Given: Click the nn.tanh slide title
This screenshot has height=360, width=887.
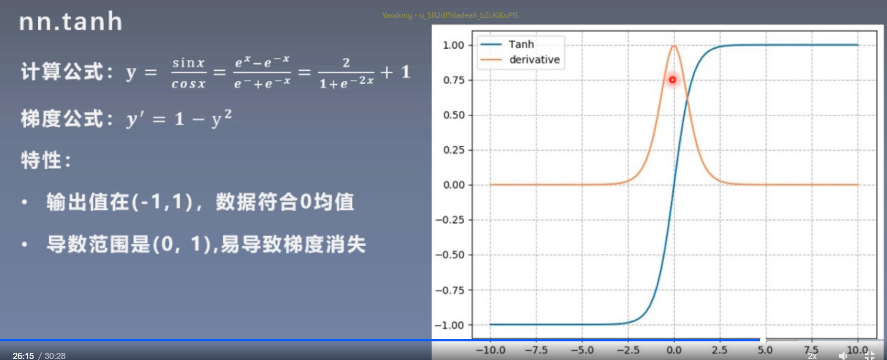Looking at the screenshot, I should pos(71,22).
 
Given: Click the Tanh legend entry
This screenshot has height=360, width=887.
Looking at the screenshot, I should pos(521,44).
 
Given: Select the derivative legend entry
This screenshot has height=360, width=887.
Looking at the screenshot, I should pos(534,60).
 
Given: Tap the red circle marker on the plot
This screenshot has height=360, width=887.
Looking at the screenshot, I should pos(672,80).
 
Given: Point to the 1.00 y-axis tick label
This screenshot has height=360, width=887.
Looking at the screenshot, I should pos(453,45).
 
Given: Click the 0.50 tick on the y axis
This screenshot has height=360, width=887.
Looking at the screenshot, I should pos(453,115).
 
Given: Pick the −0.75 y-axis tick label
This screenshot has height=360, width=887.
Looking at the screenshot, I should pos(450,290).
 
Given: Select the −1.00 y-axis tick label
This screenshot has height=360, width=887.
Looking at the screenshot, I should pos(450,325).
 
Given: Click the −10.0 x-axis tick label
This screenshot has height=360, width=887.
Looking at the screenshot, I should pos(490,350).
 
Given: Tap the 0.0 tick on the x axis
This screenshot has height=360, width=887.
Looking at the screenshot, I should pos(674,350).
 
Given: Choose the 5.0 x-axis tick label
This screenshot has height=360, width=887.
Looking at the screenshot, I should pos(765,350).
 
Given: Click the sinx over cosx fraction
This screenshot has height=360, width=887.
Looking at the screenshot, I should pos(189,73).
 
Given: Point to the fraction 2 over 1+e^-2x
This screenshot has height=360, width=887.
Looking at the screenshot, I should pos(346,73).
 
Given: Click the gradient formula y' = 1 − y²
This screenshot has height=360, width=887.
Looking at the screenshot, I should pos(179,119).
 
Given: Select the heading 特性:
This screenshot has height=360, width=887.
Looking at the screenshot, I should pos(46,160).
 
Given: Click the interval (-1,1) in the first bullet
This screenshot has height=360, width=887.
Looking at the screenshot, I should pos(162,202).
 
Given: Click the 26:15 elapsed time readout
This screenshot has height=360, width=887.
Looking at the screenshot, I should pos(23,356).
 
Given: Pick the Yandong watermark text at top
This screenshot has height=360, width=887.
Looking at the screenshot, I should pos(450,15).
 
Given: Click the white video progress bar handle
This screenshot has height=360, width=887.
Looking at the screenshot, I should pos(763,340).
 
